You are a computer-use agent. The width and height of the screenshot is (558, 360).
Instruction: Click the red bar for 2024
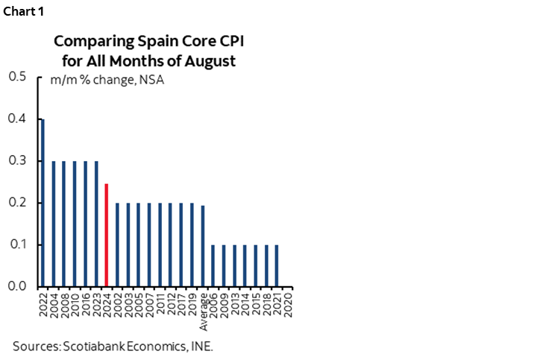[107, 235]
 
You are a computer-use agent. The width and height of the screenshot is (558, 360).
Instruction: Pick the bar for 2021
[278, 265]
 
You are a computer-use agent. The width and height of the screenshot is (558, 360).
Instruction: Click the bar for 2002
[117, 244]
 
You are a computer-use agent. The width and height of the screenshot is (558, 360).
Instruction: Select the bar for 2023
[96, 224]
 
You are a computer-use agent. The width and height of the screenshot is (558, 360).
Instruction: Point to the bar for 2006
[213, 265]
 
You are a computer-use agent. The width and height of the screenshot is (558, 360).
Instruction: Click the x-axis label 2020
[289, 303]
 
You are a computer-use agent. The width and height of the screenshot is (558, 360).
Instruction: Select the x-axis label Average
[203, 309]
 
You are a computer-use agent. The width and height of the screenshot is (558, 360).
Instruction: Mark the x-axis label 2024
[107, 303]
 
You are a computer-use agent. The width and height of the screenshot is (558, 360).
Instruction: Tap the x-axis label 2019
[192, 303]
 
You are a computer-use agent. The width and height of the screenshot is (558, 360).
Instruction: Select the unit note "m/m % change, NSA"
[107, 80]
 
